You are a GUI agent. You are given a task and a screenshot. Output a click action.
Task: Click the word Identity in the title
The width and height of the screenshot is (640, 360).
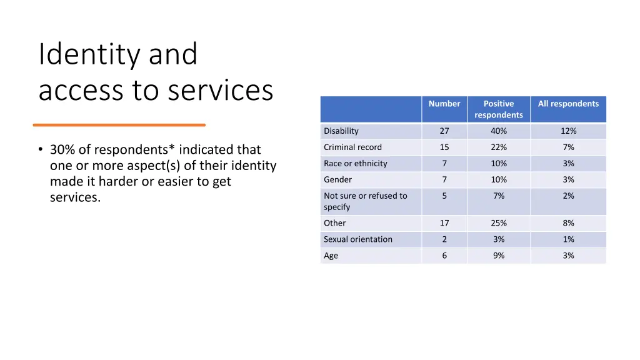(89, 55)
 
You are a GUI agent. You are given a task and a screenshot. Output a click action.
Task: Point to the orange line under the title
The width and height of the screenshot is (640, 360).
(119, 125)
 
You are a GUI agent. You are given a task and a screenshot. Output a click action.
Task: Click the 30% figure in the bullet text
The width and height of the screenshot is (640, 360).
(62, 150)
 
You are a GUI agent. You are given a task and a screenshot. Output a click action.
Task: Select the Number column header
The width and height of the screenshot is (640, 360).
(444, 104)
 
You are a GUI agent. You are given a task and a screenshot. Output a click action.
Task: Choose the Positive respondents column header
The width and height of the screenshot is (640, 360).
(499, 109)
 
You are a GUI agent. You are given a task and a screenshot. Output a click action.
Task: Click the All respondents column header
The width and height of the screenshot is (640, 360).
(568, 104)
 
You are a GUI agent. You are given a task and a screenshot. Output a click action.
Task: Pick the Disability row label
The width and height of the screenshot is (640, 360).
(341, 131)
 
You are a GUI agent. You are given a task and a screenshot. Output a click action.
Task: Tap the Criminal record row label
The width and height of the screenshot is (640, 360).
(352, 147)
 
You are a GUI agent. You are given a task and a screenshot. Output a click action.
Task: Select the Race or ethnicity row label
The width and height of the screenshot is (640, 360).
(356, 164)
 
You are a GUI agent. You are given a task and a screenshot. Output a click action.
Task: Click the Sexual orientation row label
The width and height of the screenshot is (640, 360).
(358, 239)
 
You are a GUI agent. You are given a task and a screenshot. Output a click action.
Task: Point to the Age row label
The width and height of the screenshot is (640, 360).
(331, 256)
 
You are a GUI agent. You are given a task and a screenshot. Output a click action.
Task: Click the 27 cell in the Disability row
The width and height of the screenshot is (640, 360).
(444, 131)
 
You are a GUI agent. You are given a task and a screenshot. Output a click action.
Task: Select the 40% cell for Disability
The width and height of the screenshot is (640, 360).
(499, 131)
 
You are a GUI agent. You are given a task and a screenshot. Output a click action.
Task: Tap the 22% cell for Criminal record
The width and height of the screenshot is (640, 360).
(499, 147)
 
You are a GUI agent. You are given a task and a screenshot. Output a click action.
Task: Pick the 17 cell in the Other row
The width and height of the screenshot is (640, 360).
(444, 223)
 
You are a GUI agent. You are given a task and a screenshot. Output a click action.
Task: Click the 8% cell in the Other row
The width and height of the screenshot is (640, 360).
(568, 223)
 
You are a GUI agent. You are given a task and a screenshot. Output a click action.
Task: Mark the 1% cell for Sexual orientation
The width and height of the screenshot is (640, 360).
(568, 239)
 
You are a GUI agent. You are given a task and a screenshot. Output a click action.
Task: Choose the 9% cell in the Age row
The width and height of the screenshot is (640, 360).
(499, 256)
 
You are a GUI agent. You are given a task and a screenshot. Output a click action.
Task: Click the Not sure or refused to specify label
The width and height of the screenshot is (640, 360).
(365, 201)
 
